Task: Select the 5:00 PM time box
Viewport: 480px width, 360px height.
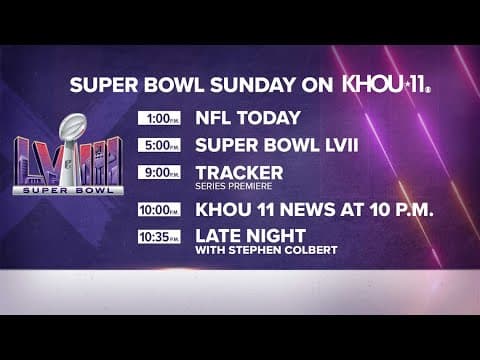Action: point(159,145)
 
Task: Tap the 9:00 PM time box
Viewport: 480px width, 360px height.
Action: point(159,172)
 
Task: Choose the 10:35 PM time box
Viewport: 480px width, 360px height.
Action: point(157,236)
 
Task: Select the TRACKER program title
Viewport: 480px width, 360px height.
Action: point(239,172)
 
